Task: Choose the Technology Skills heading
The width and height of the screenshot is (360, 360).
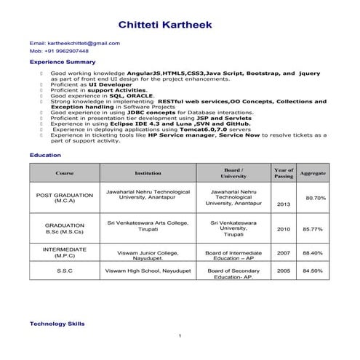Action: click(x=57, y=322)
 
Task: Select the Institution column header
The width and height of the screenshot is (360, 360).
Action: click(x=148, y=173)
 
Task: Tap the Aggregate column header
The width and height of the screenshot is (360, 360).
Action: click(x=313, y=173)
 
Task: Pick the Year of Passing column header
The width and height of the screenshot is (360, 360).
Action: click(x=283, y=173)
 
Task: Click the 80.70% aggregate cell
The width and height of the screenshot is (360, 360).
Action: click(x=315, y=198)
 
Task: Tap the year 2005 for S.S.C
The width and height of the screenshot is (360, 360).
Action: click(x=283, y=271)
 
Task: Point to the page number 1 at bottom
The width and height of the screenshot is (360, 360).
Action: click(x=180, y=335)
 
